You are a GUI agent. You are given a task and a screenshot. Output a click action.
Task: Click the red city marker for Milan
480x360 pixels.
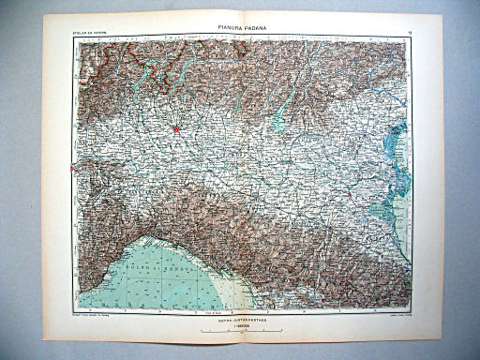[174, 129]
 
